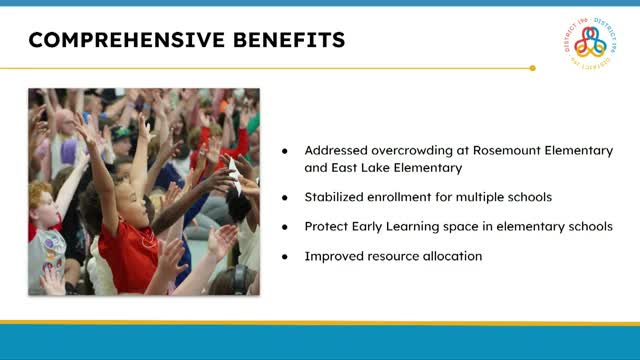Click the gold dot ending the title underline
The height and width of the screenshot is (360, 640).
[532, 68]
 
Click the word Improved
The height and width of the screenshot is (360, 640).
[334, 257]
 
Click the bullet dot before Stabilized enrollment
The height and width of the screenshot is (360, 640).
[284, 197]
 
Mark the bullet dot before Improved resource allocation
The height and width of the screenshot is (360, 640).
[284, 257]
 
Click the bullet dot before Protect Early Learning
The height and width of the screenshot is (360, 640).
[284, 227]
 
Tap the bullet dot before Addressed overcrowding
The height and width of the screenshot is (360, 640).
[284, 150]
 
